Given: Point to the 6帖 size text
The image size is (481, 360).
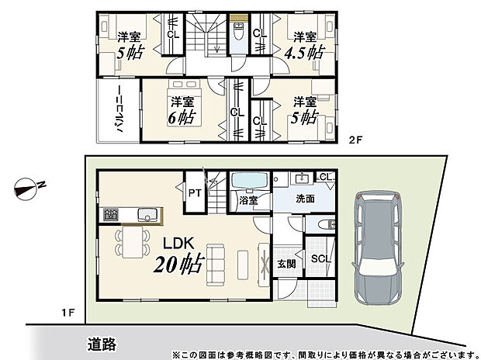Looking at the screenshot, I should point(181,118).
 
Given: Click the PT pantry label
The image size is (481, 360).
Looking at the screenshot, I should point(192,192).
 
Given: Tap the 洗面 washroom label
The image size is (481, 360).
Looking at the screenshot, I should point(305,198).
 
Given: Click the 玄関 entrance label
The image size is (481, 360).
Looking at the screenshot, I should point(286,265).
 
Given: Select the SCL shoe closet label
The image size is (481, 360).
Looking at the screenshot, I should point(318,258).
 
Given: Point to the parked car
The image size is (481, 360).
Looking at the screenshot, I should point(378,248).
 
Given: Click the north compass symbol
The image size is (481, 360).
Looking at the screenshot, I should point(29,186).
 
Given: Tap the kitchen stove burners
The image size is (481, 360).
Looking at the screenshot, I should point(109,213).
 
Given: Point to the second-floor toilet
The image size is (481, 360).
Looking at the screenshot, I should point(240,33).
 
